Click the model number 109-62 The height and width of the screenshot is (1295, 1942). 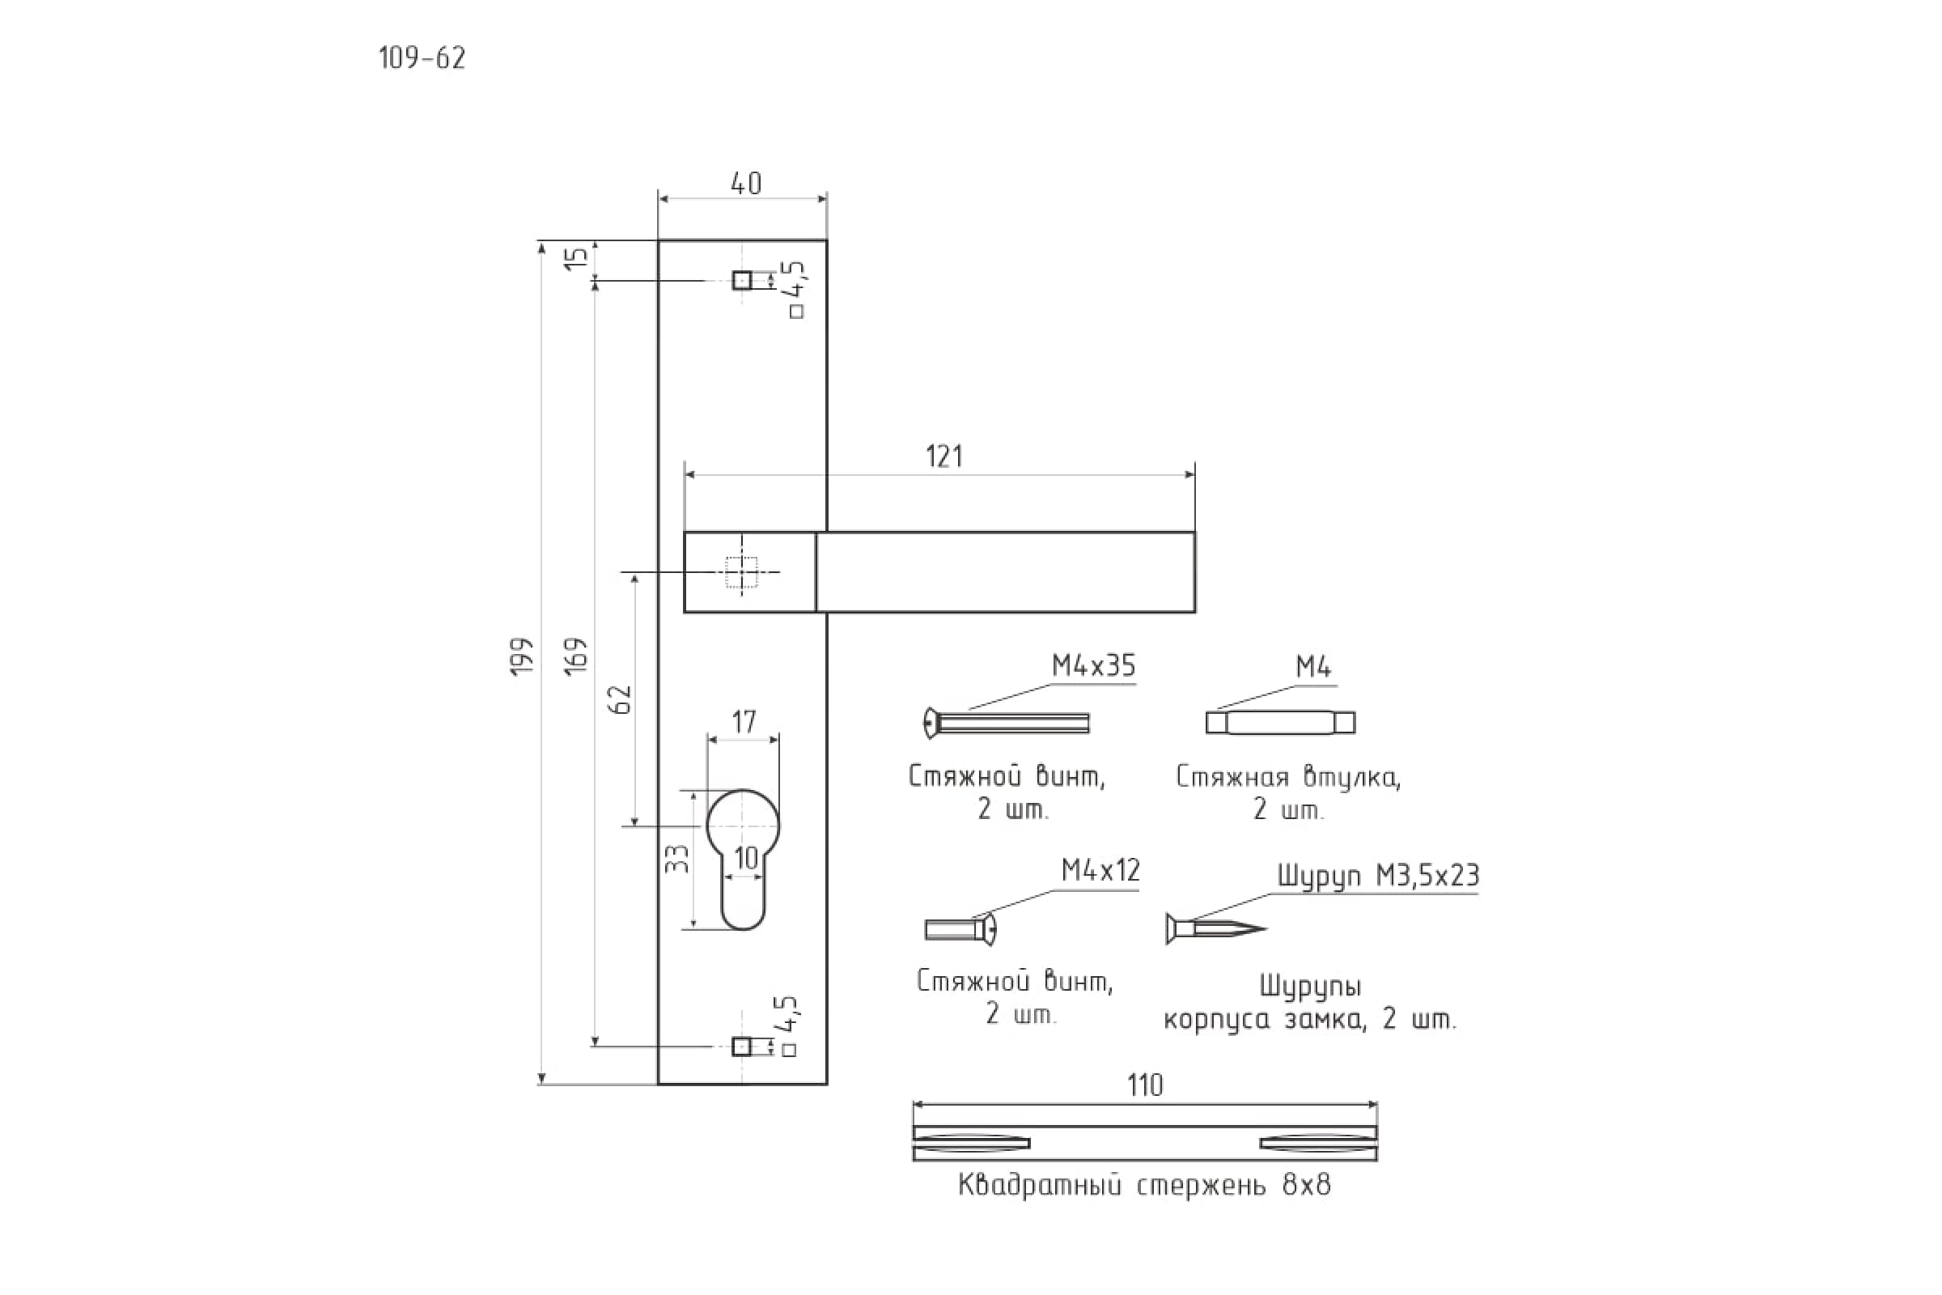tap(422, 57)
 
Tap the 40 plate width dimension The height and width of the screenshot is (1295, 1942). tap(745, 184)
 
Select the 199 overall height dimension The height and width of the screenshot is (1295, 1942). tap(522, 656)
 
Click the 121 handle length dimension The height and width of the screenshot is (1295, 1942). tap(943, 456)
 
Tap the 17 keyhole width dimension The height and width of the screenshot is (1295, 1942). tap(743, 723)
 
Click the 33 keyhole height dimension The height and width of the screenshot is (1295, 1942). tap(676, 859)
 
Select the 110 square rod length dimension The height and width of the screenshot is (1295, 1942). tap(1145, 1085)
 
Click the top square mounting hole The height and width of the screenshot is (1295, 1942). tap(741, 280)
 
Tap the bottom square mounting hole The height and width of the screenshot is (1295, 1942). tap(741, 1047)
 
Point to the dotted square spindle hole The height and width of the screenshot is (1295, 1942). tap(741, 571)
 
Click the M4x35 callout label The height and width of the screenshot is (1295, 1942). tap(1093, 665)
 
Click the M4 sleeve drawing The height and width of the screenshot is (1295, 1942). tap(1280, 723)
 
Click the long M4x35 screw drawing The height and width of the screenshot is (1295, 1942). tap(1007, 724)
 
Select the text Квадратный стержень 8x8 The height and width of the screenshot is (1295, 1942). tap(1144, 1186)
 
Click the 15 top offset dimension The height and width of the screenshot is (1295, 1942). tap(579, 257)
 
